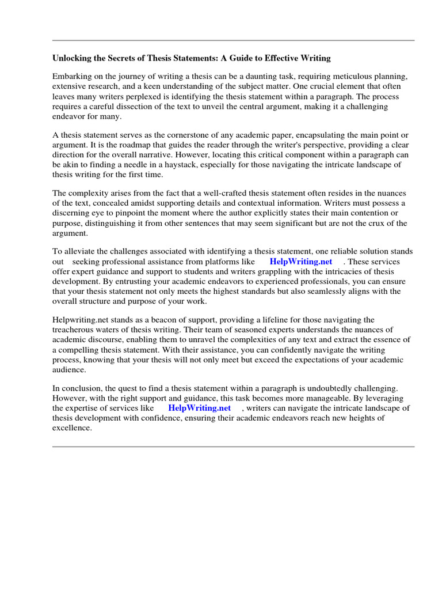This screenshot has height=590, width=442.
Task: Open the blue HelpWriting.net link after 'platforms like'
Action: click(301, 262)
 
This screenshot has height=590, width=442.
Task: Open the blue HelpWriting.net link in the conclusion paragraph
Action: click(199, 409)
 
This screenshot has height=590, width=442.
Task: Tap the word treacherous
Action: click(73, 330)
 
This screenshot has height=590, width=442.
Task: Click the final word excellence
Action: click(72, 428)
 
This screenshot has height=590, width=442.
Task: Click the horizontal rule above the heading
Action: click(233, 40)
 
